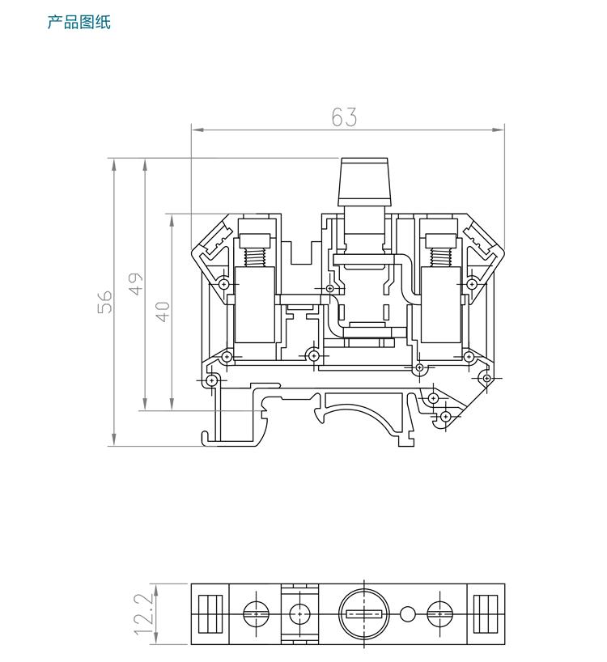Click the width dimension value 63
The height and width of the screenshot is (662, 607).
[x=344, y=117]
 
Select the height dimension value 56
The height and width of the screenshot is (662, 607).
[x=105, y=301]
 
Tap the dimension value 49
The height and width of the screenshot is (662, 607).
[x=136, y=284]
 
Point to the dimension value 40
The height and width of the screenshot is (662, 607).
[x=163, y=312]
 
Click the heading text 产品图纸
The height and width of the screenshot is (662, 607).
[x=79, y=22]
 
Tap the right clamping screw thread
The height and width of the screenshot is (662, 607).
[x=441, y=257]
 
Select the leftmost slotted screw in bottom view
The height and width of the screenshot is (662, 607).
[x=257, y=613]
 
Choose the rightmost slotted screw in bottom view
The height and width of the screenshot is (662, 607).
[x=441, y=613]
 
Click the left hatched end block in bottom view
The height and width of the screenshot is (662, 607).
[x=210, y=613]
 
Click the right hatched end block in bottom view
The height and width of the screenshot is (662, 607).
[x=488, y=613]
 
